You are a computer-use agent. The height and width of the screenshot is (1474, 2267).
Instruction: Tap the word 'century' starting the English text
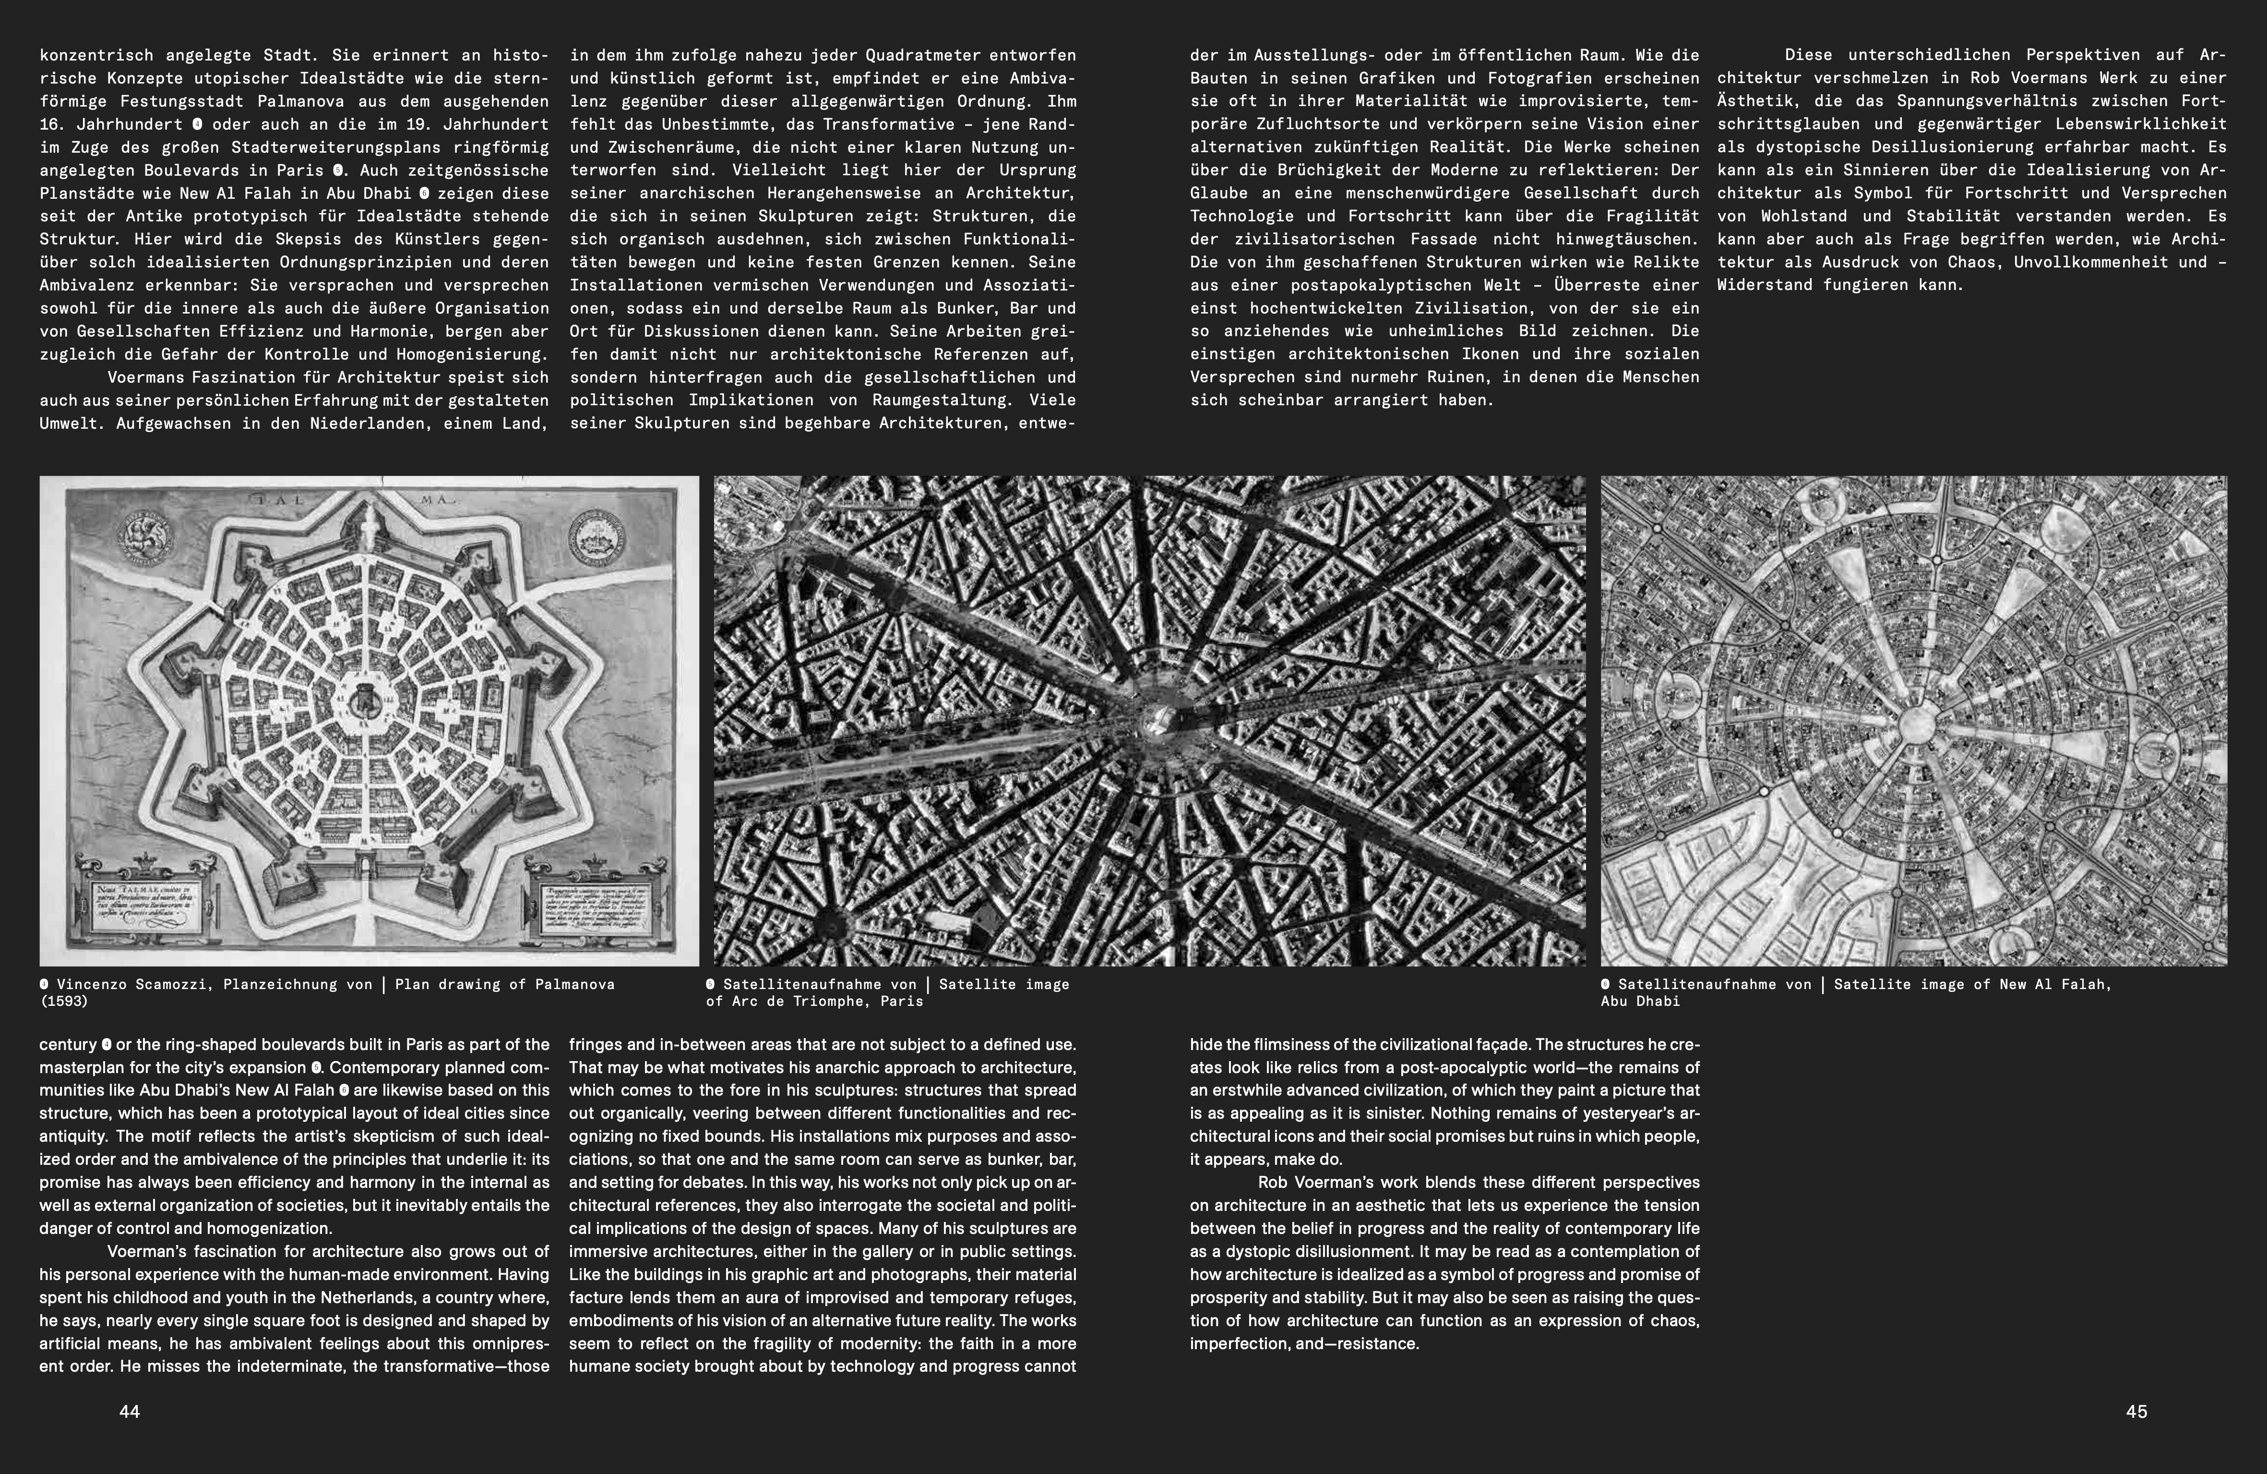[x=68, y=1044]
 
